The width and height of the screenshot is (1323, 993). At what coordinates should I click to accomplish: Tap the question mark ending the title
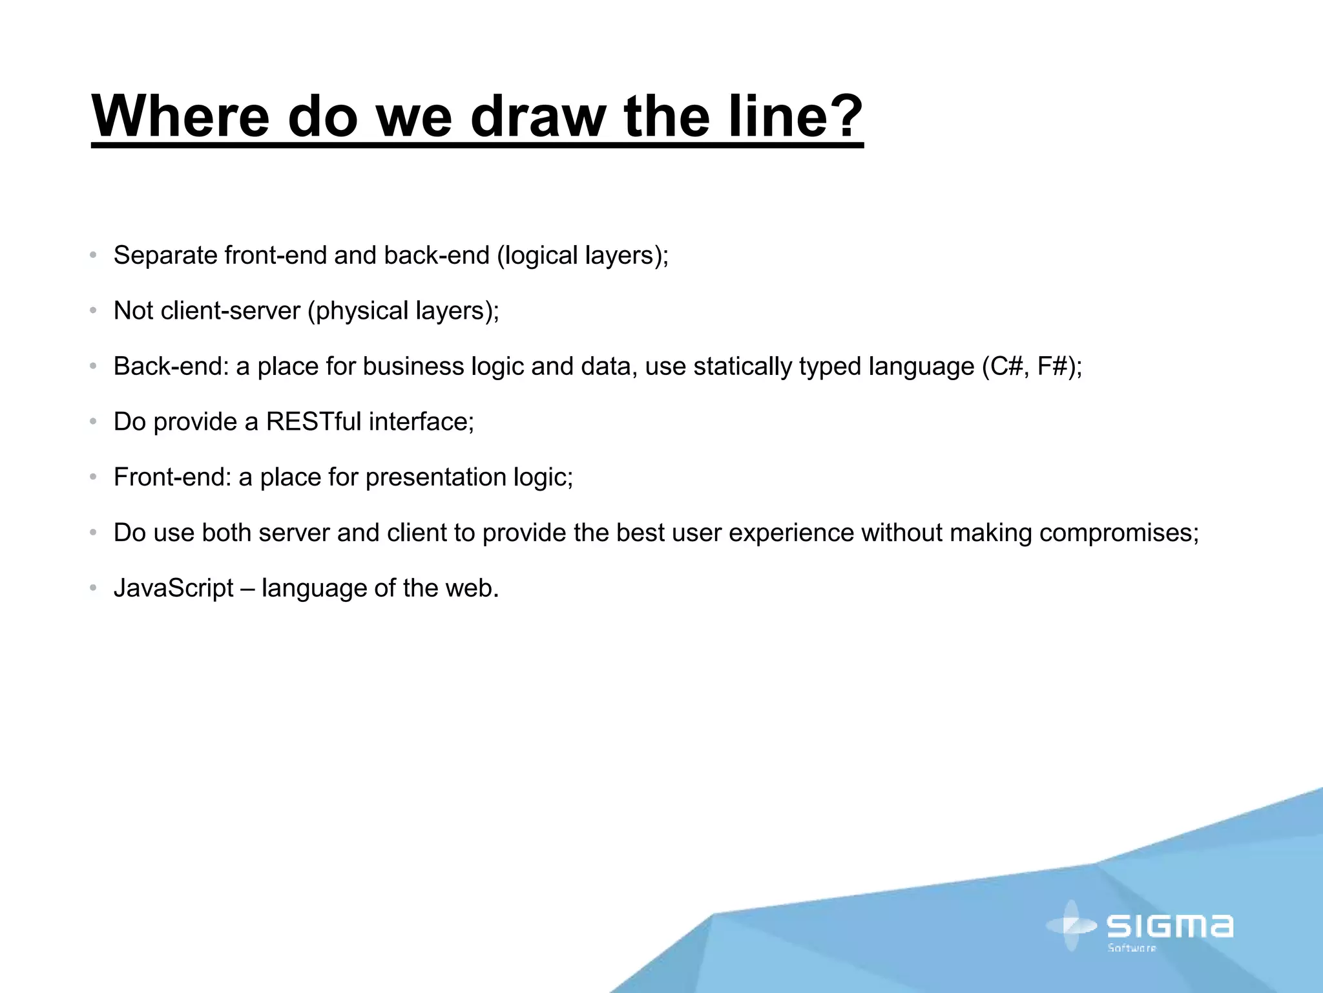[x=842, y=116]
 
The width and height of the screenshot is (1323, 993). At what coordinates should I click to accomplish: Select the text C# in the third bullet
[x=1005, y=367]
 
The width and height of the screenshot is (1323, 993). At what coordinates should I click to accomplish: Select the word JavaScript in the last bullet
[x=173, y=589]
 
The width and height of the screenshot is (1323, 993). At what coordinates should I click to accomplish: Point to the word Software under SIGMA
[x=1132, y=948]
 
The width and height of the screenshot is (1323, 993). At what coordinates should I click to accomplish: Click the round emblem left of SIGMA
[x=1071, y=926]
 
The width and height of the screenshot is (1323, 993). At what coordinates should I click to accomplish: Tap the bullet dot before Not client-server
[x=94, y=312]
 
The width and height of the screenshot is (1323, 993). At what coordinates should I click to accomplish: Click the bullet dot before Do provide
[x=94, y=422]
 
